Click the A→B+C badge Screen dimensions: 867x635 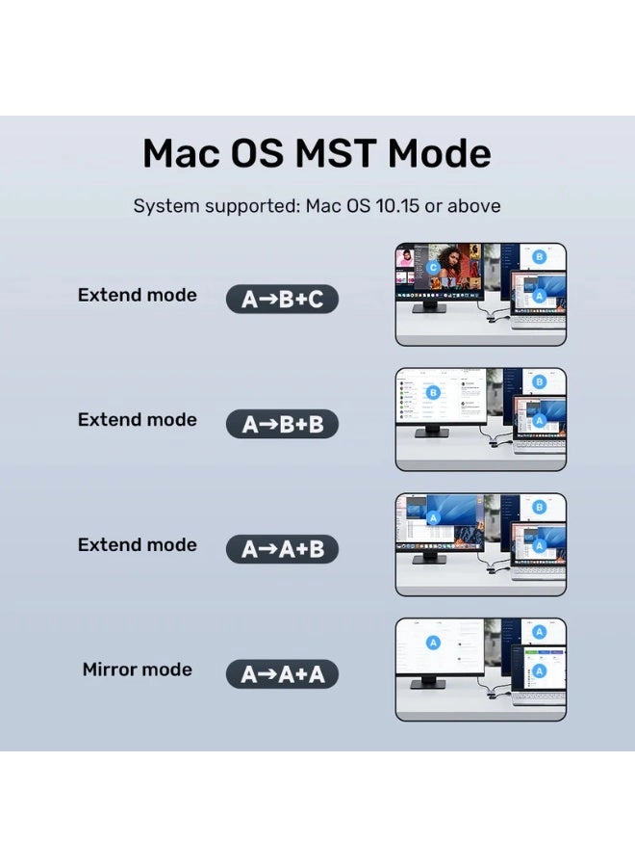pyautogui.click(x=282, y=300)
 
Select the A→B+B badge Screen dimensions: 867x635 pyautogui.click(x=282, y=424)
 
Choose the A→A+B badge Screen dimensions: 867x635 pyautogui.click(x=282, y=549)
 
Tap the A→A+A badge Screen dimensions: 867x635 pyautogui.click(x=282, y=674)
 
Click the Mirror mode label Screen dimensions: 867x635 pyautogui.click(x=137, y=670)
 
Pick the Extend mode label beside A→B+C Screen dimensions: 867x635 pyautogui.click(x=137, y=295)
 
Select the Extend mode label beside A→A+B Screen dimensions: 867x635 pyautogui.click(x=137, y=544)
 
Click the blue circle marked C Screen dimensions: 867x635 pyautogui.click(x=434, y=267)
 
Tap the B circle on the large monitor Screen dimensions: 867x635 pyautogui.click(x=433, y=392)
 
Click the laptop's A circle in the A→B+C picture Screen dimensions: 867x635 pyautogui.click(x=540, y=295)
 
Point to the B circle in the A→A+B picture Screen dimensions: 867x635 pyautogui.click(x=539, y=507)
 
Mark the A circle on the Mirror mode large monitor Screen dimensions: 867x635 pyautogui.click(x=433, y=643)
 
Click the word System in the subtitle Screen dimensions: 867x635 pyautogui.click(x=165, y=206)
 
